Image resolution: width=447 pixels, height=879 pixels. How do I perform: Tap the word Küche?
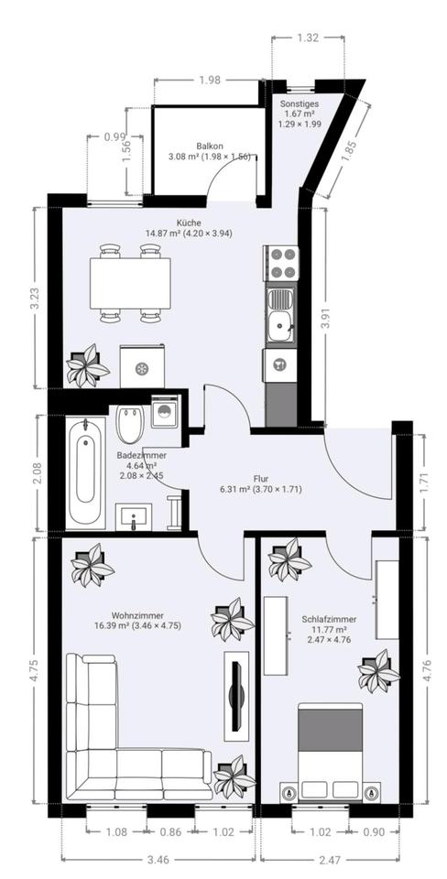pyautogui.click(x=188, y=222)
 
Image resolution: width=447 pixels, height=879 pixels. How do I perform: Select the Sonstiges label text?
pyautogui.click(x=300, y=103)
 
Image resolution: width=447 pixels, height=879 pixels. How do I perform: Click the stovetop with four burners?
pyautogui.click(x=281, y=264)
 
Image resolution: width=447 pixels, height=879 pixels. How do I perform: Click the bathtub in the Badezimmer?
pyautogui.click(x=85, y=472)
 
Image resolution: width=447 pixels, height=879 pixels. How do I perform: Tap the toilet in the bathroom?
pyautogui.click(x=131, y=424)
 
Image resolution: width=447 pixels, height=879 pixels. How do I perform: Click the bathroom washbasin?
pyautogui.click(x=134, y=516)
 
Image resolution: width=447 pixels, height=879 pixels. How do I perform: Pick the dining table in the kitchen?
pyautogui.click(x=130, y=283)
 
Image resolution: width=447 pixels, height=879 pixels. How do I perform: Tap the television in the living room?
pyautogui.click(x=236, y=695)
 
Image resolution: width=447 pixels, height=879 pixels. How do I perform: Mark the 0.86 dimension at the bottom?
pyautogui.click(x=170, y=832)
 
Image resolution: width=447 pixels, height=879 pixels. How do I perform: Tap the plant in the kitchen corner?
pyautogui.click(x=87, y=365)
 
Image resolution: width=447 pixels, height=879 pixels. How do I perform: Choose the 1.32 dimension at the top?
pyautogui.click(x=308, y=38)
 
